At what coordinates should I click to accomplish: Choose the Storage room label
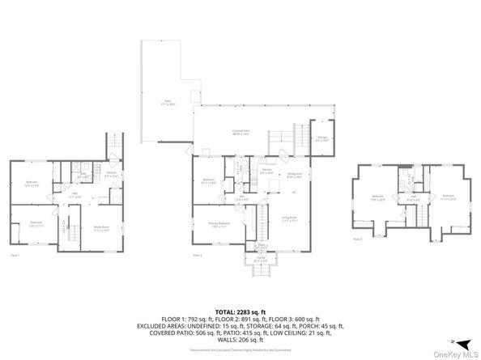(x=321, y=139)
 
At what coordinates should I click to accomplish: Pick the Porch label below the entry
(x=262, y=261)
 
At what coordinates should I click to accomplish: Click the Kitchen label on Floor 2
(x=266, y=172)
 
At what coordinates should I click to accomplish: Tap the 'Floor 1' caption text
(x=15, y=255)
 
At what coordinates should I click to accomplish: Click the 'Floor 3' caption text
(x=357, y=239)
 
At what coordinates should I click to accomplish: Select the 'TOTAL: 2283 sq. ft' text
(x=240, y=311)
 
